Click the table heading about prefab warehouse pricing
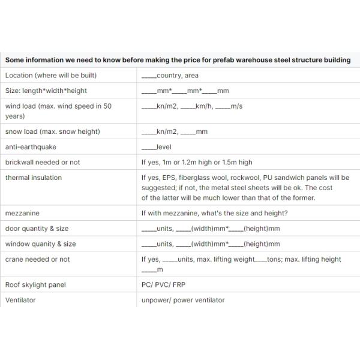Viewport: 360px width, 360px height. pos(178,60)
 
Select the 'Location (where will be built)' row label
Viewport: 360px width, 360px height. pos(50,76)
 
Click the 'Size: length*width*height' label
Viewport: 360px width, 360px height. pos(46,91)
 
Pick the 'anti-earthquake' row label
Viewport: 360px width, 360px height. pos(28,147)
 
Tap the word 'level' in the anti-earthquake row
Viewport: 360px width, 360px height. pos(164,147)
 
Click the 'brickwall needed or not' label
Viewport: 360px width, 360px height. pos(43,162)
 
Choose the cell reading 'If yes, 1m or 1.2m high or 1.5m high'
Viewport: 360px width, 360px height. pos(197,162)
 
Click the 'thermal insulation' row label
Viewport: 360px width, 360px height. pos(33,178)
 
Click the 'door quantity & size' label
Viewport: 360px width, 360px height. pos(37,229)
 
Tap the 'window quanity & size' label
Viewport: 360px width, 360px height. pos(40,244)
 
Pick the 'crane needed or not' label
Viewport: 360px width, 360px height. pos(37,259)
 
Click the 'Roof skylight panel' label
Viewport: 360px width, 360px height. pos(35,284)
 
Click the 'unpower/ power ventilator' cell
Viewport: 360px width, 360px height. pos(183,300)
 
